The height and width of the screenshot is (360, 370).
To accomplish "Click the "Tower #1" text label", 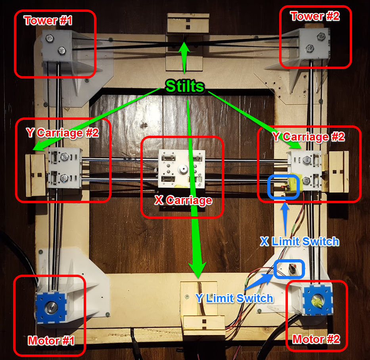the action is pos(48,20).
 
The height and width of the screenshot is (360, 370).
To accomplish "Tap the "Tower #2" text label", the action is pos(315,16).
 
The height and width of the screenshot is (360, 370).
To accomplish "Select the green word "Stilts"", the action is pos(185,86).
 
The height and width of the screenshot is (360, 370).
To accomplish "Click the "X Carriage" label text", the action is pos(183,200).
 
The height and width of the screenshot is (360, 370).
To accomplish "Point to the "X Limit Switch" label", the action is pos(300,241).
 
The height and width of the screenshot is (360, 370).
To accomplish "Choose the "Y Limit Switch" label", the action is pos(234,298).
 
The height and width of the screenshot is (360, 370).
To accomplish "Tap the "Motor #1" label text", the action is pos(51,341).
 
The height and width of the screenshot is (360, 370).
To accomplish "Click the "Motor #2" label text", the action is pos(316,339).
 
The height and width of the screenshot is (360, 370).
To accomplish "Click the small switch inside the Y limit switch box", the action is pos(293,269).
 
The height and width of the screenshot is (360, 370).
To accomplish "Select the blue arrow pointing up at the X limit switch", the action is pos(285,219).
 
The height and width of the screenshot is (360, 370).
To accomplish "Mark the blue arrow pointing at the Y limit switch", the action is pos(259,281).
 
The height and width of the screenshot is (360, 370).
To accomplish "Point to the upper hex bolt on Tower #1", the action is pos(50,38).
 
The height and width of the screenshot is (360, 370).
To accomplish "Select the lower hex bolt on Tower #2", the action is pos(309,48).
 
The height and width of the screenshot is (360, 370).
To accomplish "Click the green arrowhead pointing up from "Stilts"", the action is pos(184,48).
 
